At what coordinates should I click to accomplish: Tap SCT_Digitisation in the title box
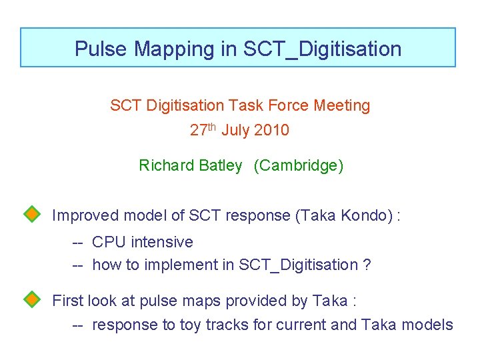[x=323, y=49]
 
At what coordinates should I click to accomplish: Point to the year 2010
[x=271, y=130]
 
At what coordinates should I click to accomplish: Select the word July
[x=235, y=130]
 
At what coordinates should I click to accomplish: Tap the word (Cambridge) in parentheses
[x=299, y=165]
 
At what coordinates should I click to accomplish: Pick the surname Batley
[x=220, y=165]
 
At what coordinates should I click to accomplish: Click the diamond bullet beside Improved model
[x=32, y=214]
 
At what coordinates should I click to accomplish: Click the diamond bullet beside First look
[x=32, y=299]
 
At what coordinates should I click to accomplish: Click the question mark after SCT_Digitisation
[x=367, y=265]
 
